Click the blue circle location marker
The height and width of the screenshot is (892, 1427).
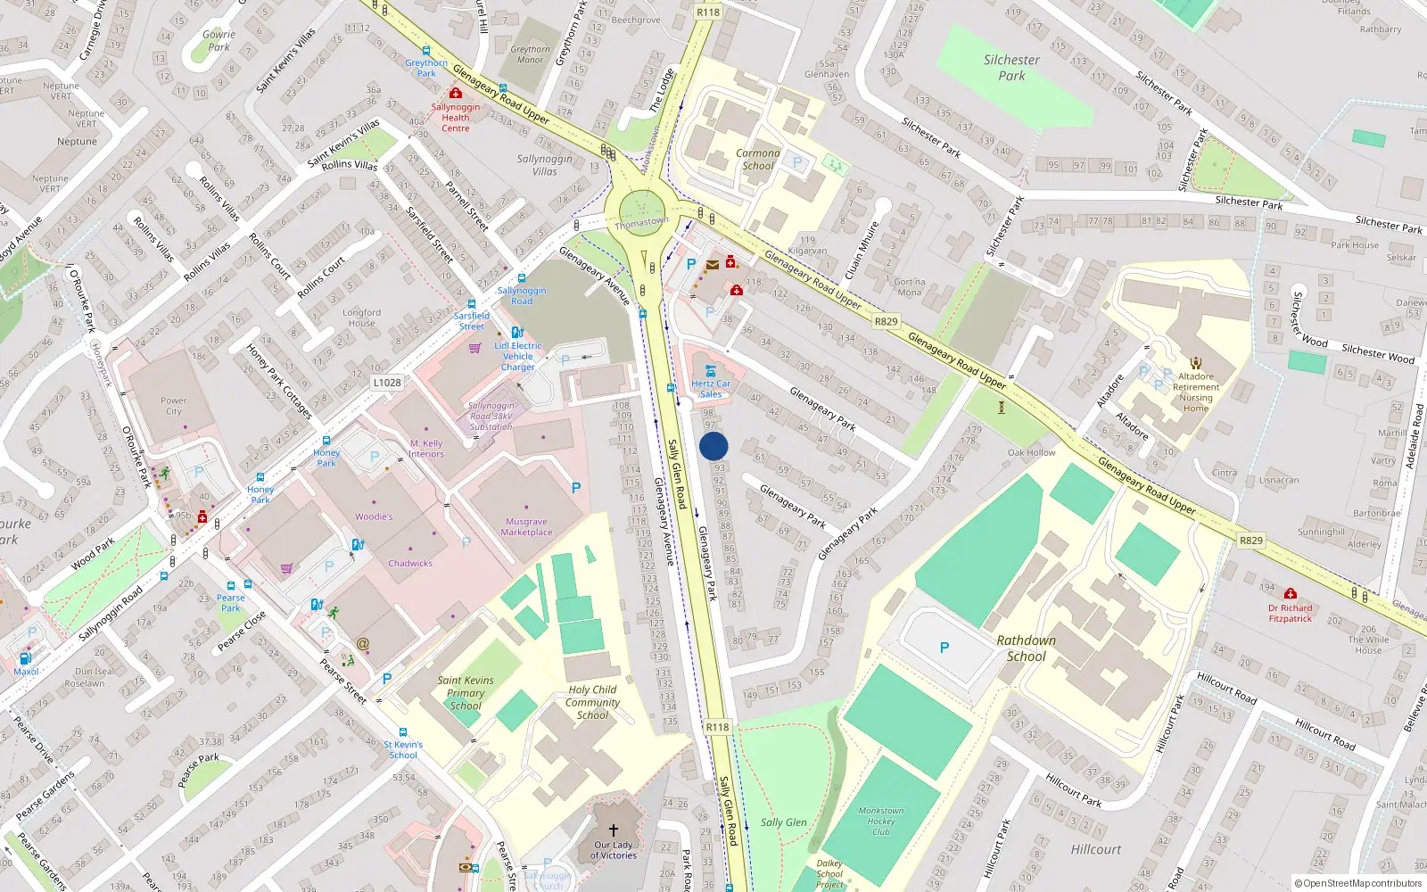click(x=713, y=446)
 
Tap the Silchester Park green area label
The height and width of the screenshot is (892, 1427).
click(x=1011, y=68)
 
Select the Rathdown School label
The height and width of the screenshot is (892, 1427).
click(x=1026, y=648)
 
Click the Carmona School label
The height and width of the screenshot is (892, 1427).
click(x=758, y=160)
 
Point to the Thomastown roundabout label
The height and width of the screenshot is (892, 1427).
click(x=640, y=223)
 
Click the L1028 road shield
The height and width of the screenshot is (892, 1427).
click(x=387, y=383)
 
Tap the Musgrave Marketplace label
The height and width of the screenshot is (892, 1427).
click(x=526, y=527)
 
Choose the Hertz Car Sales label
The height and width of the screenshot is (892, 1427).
click(x=711, y=389)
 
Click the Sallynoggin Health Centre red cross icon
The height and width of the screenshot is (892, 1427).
click(x=456, y=94)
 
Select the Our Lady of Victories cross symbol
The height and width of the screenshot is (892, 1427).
click(x=614, y=830)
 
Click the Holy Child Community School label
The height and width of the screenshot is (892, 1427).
click(x=592, y=702)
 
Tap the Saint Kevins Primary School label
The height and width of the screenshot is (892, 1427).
click(x=466, y=693)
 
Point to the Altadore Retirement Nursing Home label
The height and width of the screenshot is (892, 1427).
click(x=1196, y=392)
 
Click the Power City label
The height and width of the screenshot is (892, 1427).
click(x=174, y=406)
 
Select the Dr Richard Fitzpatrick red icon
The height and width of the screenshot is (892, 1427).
click(x=1290, y=594)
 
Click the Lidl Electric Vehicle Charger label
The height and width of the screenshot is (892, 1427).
click(x=518, y=356)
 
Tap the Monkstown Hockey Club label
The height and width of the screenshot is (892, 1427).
click(x=881, y=822)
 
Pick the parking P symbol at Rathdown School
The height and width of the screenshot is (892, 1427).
click(x=944, y=648)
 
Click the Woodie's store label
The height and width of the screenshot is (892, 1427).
click(x=374, y=516)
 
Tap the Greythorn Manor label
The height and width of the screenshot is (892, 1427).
click(x=531, y=54)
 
